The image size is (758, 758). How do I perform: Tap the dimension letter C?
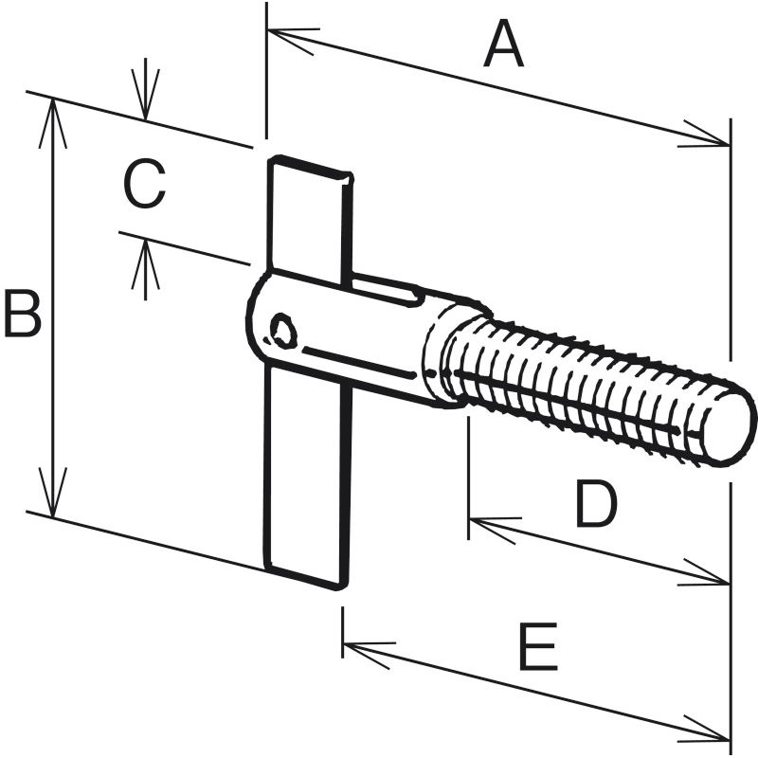tap(145, 185)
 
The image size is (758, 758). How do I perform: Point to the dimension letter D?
tap(596, 505)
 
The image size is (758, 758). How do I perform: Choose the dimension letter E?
tap(539, 648)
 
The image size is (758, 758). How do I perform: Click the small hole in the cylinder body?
tap(282, 331)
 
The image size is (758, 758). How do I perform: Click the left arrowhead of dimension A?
tap(289, 39)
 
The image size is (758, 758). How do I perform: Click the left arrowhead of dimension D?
tap(491, 525)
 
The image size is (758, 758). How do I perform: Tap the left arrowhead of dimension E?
tap(366, 651)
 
